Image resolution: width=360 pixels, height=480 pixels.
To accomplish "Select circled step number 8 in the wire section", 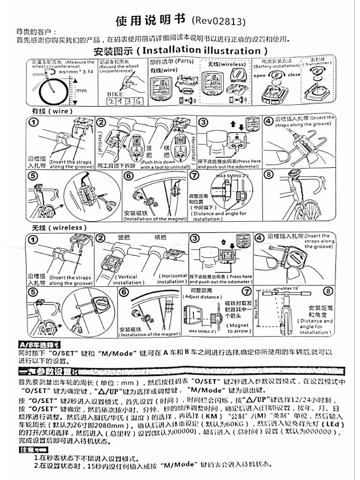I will (x=268, y=175).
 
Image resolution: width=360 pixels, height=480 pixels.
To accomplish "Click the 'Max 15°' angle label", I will (x=290, y=288).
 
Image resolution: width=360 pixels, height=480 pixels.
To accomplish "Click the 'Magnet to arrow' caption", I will (x=240, y=328).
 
